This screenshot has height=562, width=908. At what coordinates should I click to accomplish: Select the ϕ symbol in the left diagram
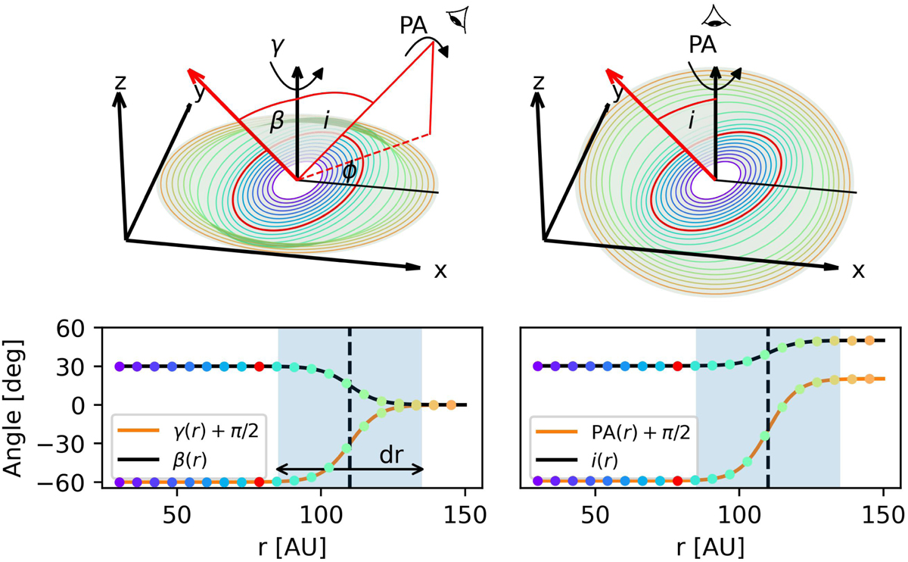coord(350,171)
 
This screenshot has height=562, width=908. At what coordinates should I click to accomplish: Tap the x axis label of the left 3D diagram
coord(440,270)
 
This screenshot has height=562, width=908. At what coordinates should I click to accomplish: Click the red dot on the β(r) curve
coord(260,367)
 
